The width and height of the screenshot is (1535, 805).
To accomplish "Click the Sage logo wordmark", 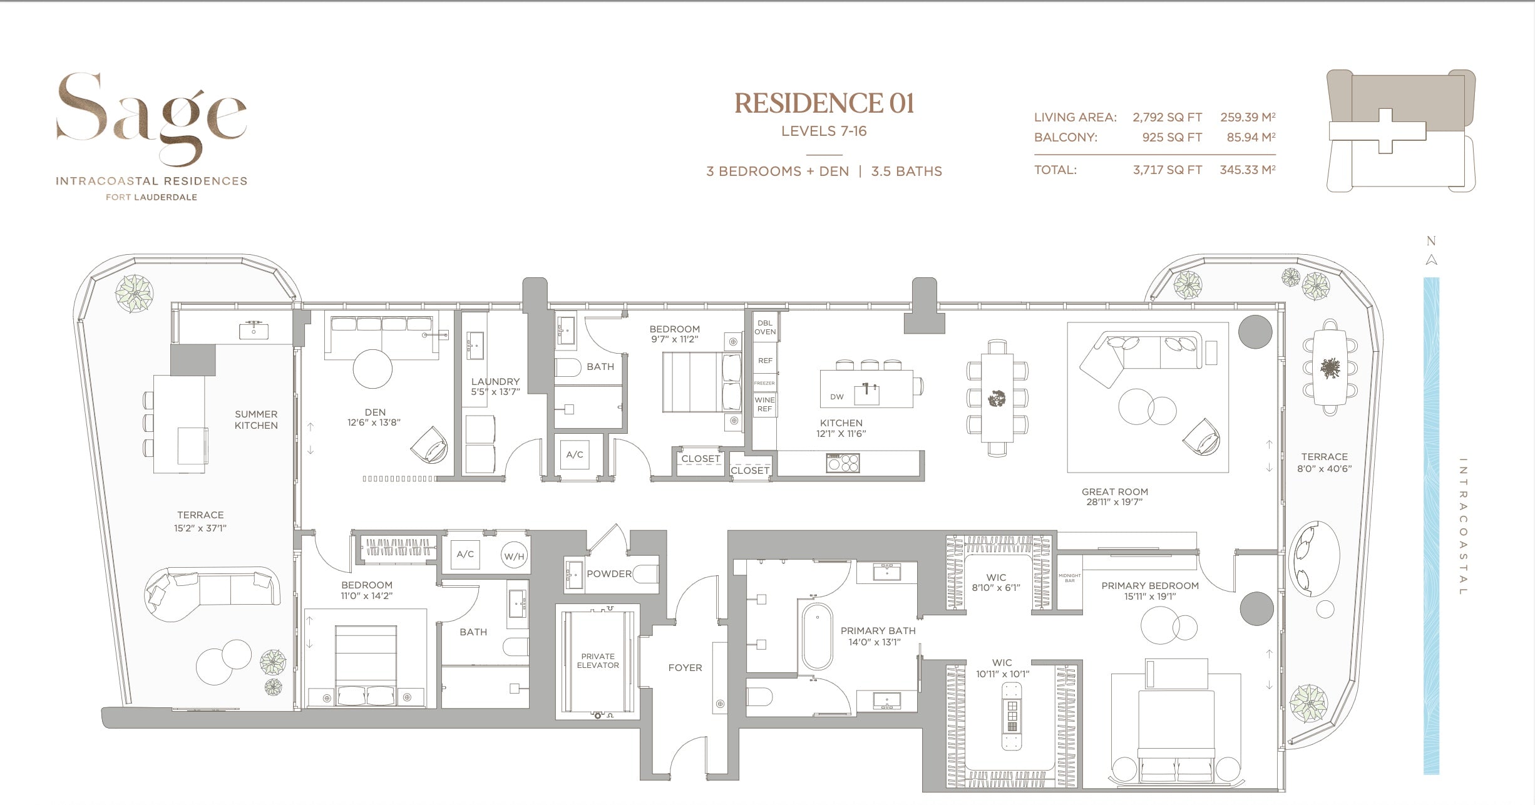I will [x=151, y=116].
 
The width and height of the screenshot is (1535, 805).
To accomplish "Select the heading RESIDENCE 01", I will [x=824, y=104].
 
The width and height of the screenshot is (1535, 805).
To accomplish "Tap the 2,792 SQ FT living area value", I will [x=1167, y=117].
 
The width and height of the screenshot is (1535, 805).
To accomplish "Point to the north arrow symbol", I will [x=1431, y=260].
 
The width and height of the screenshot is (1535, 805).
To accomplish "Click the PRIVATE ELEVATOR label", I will [x=598, y=661].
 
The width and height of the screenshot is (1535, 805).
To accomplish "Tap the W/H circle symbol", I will [x=514, y=556].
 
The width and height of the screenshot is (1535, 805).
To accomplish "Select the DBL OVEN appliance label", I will [x=765, y=327].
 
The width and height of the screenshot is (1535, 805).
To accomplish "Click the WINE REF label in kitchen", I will [x=764, y=404].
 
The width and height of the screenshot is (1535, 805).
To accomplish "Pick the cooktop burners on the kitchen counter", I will [x=843, y=463].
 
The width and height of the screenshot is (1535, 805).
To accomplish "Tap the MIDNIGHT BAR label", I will [x=1069, y=578].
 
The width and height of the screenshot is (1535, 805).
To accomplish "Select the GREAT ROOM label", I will [x=1114, y=492].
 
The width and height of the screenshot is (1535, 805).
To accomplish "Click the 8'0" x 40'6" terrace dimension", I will [x=1324, y=469].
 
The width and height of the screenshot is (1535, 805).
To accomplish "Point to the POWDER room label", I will [x=608, y=574].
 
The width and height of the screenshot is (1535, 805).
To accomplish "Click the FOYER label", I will [x=685, y=668].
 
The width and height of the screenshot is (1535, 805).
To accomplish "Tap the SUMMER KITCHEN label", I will [x=256, y=419].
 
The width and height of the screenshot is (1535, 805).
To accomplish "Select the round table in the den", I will [x=372, y=369].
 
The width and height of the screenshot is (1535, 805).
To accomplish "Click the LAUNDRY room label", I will [x=495, y=381].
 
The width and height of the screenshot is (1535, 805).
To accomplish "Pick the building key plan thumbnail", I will [x=1400, y=130].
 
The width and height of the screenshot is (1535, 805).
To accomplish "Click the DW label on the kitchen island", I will [x=836, y=397].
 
